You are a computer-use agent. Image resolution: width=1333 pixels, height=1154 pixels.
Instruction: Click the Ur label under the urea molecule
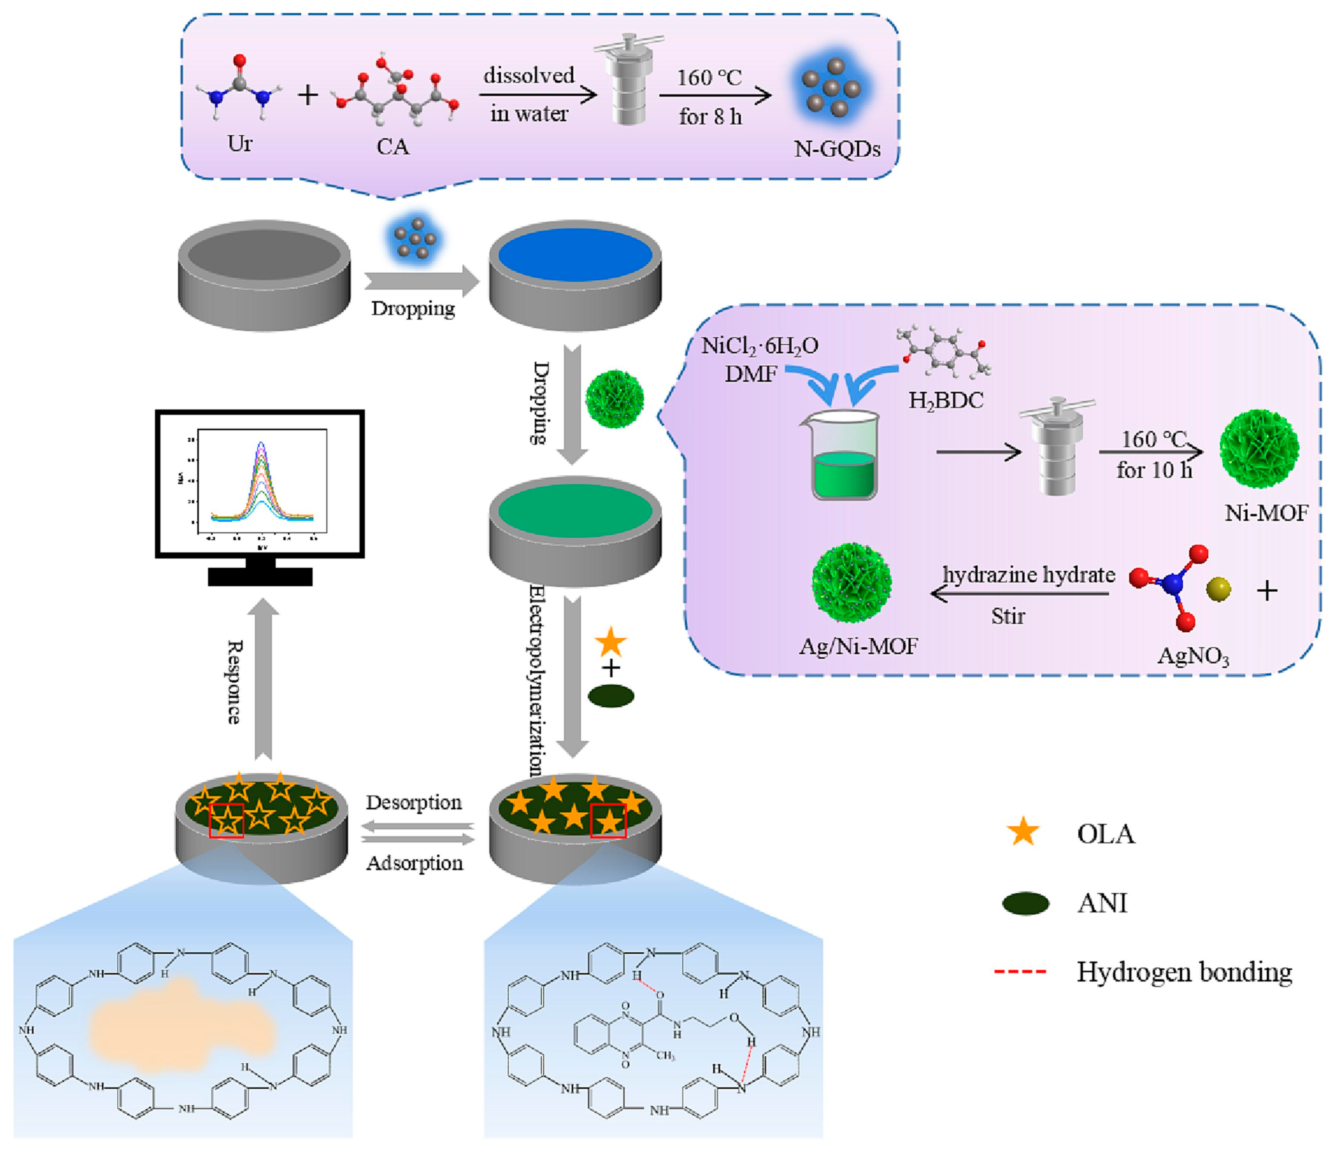[240, 143]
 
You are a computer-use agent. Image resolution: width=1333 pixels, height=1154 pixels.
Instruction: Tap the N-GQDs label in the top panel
[837, 149]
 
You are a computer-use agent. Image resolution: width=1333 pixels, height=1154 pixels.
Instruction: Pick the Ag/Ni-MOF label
[858, 646]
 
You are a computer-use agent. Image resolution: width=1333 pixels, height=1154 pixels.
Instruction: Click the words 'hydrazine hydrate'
[1029, 574]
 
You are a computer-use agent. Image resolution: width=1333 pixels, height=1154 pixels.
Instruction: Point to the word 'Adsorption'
[414, 863]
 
